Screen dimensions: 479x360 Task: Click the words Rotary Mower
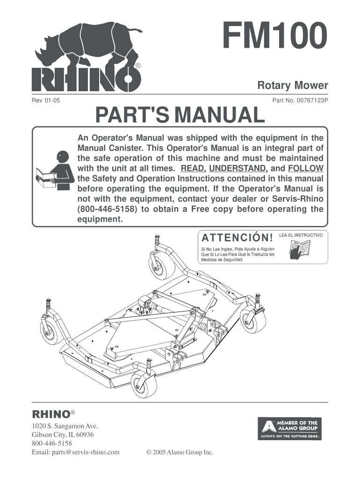tap(293, 86)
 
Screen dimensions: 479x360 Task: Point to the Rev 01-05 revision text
tap(46, 100)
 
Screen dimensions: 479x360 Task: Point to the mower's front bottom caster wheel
tap(144, 385)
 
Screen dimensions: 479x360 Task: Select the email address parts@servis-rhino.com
tap(76, 452)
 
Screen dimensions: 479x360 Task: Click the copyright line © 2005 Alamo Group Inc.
tap(180, 452)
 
